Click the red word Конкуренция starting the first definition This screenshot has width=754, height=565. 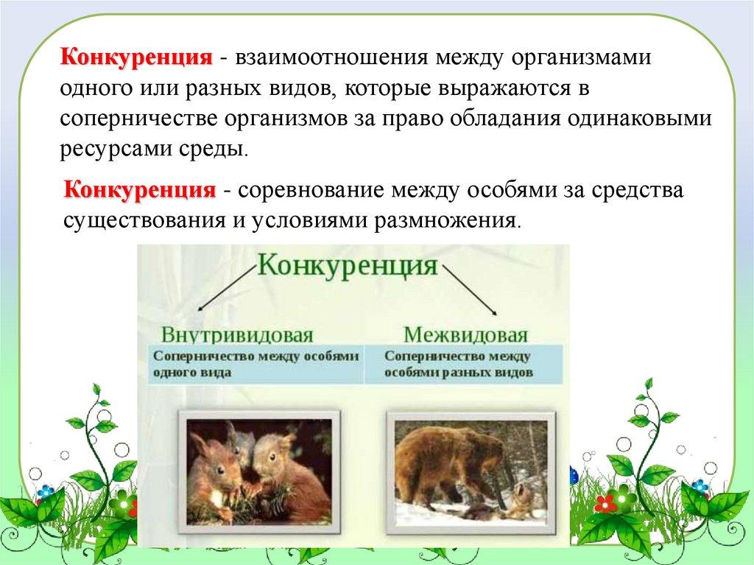pyautogui.click(x=136, y=57)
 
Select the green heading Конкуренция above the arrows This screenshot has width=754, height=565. pyautogui.click(x=348, y=266)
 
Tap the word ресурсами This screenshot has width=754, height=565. pyautogui.click(x=116, y=150)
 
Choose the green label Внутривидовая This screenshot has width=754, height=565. pyautogui.click(x=236, y=334)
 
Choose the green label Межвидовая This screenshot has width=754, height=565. pyautogui.click(x=465, y=334)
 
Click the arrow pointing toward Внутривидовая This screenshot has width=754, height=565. pyautogui.click(x=225, y=288)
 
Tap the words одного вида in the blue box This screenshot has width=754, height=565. pyautogui.click(x=192, y=373)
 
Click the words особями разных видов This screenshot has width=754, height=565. pyautogui.click(x=458, y=373)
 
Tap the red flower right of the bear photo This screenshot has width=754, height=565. pyautogui.click(x=605, y=503)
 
